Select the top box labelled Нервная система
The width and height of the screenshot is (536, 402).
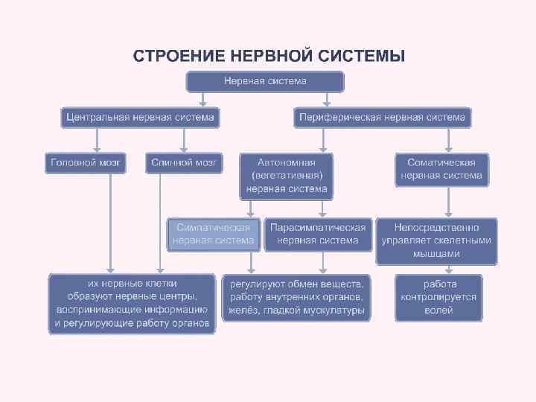coord(265,81)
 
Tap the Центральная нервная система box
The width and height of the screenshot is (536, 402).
coord(140,117)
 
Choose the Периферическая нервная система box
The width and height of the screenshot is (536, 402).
coord(382,117)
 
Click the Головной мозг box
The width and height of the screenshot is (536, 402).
coord(87,162)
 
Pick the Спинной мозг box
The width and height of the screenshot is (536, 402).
coord(184,162)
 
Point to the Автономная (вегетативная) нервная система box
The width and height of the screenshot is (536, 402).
coord(286,176)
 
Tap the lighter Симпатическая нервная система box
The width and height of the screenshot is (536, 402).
coord(214,234)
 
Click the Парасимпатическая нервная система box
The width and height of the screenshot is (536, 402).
coord(318,234)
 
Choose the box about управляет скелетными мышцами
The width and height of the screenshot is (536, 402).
coord(436,240)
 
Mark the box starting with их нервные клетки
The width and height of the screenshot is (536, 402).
coord(133,303)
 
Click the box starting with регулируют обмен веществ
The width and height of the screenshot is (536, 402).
coord(297,297)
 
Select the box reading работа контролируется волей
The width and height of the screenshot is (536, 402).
coord(438,297)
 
